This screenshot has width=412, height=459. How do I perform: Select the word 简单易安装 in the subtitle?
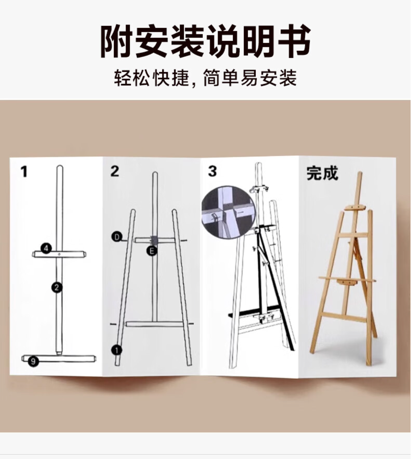[250, 78]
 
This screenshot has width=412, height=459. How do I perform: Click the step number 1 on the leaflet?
[24, 171]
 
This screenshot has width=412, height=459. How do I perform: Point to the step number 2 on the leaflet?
[115, 171]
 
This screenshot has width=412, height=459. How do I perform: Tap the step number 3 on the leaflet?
[212, 171]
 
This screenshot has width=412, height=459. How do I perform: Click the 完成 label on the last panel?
[322, 173]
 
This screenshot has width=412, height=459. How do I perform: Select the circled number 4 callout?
[46, 248]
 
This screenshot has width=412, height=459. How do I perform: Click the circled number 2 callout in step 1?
[57, 288]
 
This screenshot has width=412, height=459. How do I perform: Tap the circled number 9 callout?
[34, 361]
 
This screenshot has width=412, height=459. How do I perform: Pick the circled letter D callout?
[117, 237]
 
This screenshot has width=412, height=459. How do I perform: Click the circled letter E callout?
[152, 251]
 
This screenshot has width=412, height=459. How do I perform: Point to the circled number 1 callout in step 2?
[117, 350]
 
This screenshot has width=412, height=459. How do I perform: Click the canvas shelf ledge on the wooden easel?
[347, 280]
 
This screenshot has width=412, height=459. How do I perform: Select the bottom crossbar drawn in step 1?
[59, 359]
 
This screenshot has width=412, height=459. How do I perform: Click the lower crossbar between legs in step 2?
[155, 324]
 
